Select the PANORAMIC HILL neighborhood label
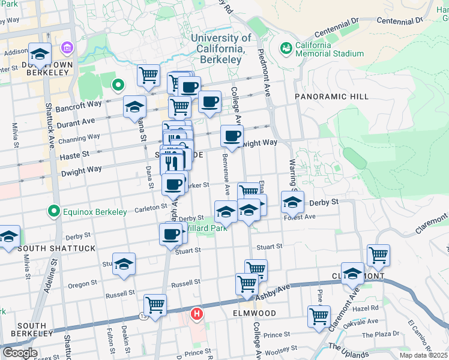(x=328, y=96)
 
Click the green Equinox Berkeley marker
(x=54, y=211)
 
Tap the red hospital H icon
(x=196, y=313)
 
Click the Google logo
(x=20, y=353)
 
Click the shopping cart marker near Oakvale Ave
(x=319, y=316)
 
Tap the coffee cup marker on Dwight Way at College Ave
(x=232, y=136)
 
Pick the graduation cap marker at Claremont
(x=352, y=272)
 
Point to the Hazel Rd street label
(x=366, y=308)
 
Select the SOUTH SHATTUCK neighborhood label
(x=47, y=248)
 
